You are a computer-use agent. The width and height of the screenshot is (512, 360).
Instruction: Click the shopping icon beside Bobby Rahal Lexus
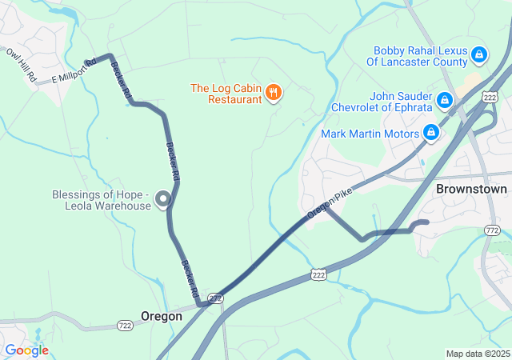tap(478, 55)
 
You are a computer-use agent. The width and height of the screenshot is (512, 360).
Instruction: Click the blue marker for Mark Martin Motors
tap(431, 132)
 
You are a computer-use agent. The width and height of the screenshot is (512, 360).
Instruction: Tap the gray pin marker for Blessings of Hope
tap(164, 198)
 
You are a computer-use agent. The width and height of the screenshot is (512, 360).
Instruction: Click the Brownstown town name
tap(471, 190)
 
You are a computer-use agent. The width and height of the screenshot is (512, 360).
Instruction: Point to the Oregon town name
tap(162, 316)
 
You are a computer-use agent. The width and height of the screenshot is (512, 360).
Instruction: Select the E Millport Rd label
tap(74, 71)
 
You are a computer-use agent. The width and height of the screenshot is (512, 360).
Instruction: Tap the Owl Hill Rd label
tap(22, 65)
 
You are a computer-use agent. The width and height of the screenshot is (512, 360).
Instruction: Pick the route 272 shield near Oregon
tap(216, 298)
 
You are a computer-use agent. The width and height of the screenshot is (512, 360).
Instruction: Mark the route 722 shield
tap(124, 325)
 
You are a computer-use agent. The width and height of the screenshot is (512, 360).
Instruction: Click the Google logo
tap(26, 350)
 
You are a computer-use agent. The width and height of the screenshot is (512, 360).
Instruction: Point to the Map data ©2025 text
tap(477, 354)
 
